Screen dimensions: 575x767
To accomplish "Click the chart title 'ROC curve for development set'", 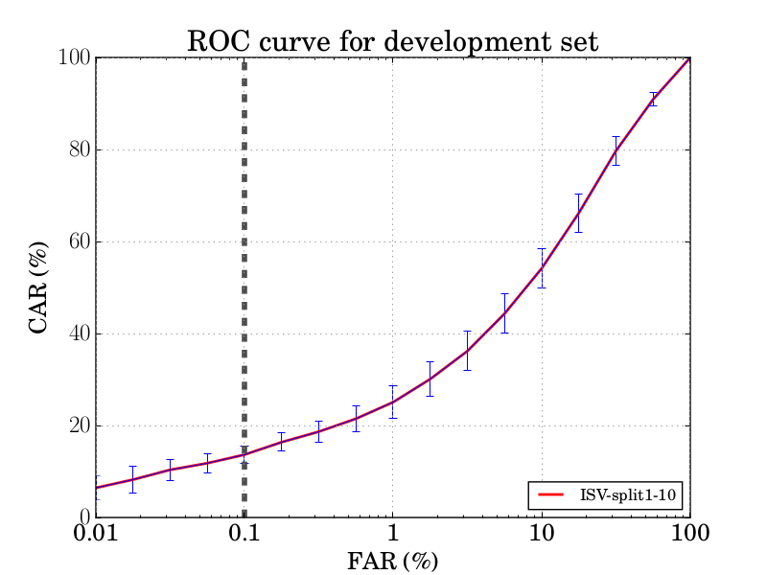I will [392, 41].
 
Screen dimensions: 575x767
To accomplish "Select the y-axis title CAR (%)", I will [39, 287].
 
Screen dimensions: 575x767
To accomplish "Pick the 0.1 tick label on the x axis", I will [244, 534].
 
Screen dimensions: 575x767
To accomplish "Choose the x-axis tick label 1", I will [392, 534].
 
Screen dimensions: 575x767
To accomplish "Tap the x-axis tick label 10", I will [542, 534].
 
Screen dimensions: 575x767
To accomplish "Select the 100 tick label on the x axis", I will [689, 534].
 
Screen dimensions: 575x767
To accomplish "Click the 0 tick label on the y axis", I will [83, 517].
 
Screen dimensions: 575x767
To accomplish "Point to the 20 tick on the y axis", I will [78, 425].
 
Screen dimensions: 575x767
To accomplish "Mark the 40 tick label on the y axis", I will [78, 333].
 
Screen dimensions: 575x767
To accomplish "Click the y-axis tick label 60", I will [78, 241].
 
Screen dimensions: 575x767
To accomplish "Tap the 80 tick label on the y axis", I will [78, 149].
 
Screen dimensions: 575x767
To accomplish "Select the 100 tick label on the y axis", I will [74, 57].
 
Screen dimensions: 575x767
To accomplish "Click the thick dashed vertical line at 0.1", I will [244, 287].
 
